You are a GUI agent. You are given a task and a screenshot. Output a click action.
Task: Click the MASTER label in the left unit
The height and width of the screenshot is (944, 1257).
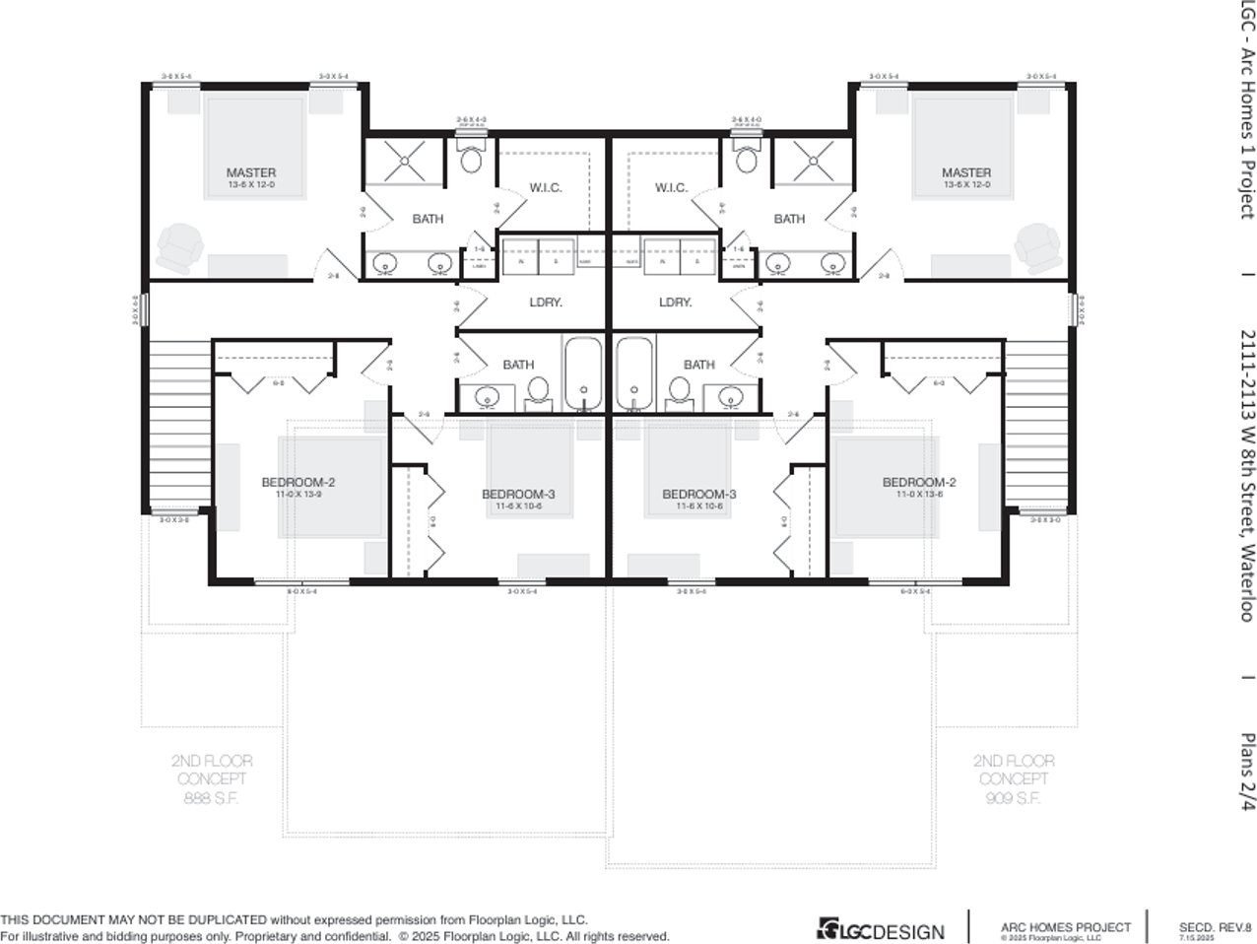(x=251, y=172)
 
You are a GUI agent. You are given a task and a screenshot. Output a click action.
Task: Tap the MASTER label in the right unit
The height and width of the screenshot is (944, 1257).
(x=965, y=172)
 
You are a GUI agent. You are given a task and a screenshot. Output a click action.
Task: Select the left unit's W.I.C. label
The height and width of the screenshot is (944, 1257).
(x=546, y=187)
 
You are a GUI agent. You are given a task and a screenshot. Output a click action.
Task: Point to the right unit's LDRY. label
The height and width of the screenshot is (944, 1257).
(x=675, y=303)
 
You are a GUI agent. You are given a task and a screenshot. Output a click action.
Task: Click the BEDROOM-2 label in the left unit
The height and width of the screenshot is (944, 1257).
(x=298, y=482)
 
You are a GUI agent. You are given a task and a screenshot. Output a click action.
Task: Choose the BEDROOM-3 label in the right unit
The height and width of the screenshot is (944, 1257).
(x=698, y=494)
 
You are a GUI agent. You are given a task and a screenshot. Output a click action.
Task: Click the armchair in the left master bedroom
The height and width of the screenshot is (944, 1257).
(x=179, y=247)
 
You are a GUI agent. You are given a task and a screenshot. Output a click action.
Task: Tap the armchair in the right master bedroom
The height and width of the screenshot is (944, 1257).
(x=1038, y=247)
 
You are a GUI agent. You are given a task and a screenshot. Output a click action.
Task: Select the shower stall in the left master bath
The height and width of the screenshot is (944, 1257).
(x=405, y=161)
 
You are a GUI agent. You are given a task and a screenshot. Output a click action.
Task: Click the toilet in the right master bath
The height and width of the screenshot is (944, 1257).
(x=748, y=157)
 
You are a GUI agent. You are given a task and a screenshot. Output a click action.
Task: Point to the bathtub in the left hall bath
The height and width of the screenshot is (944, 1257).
(x=583, y=374)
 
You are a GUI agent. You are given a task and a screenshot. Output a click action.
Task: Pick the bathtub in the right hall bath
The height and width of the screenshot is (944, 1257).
(x=634, y=374)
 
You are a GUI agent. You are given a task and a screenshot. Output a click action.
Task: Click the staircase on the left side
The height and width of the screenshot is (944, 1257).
(x=178, y=424)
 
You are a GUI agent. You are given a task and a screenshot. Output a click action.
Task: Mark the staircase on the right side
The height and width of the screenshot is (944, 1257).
(x=1038, y=424)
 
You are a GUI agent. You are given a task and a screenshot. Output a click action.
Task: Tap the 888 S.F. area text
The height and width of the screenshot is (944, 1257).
(x=212, y=797)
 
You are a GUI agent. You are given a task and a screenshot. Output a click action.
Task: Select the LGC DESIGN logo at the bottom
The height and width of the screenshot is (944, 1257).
(x=881, y=929)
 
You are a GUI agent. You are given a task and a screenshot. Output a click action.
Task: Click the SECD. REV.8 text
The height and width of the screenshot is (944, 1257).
(x=1215, y=927)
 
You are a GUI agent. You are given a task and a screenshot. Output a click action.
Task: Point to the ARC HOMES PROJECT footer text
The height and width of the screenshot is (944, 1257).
(x=1065, y=927)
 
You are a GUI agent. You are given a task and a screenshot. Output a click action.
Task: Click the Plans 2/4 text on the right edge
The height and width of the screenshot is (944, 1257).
(x=1247, y=772)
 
